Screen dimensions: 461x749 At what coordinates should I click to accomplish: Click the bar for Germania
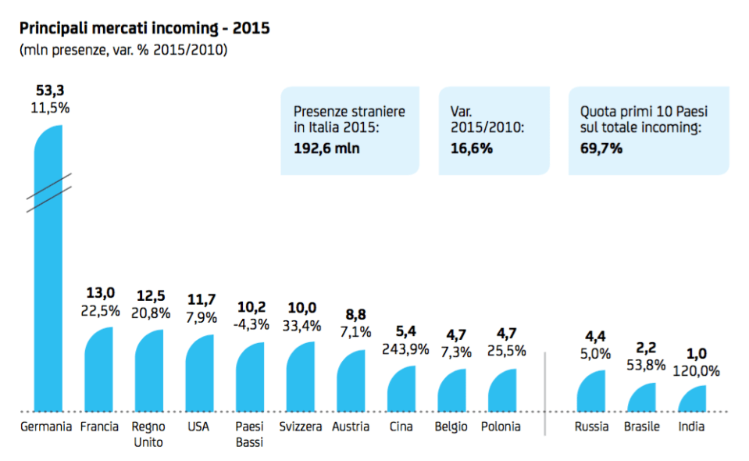48,297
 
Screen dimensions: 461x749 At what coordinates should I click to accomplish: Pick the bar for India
692,398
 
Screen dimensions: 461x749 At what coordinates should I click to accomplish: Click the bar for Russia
591,391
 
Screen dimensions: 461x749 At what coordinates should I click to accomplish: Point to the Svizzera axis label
300,427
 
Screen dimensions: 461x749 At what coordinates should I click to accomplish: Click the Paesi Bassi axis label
249,434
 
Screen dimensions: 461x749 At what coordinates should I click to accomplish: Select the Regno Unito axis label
148,434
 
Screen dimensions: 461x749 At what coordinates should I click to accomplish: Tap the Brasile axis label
642,427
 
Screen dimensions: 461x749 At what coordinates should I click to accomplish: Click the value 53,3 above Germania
50,91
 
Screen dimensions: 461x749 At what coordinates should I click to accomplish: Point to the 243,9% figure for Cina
403,349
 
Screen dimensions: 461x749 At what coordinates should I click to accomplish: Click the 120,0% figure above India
694,371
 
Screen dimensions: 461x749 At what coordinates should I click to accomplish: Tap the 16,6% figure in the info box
472,148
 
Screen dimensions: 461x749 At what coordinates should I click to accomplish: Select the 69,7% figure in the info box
601,148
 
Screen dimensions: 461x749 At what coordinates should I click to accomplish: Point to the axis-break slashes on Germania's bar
48,193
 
